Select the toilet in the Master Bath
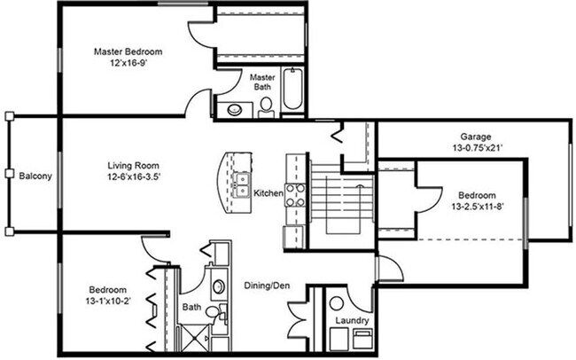[265, 106]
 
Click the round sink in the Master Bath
[236, 110]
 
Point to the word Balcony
[35, 176]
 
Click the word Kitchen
[269, 192]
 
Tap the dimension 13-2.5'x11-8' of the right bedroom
[478, 207]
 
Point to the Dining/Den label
[269, 286]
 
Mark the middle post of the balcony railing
[8, 174]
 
